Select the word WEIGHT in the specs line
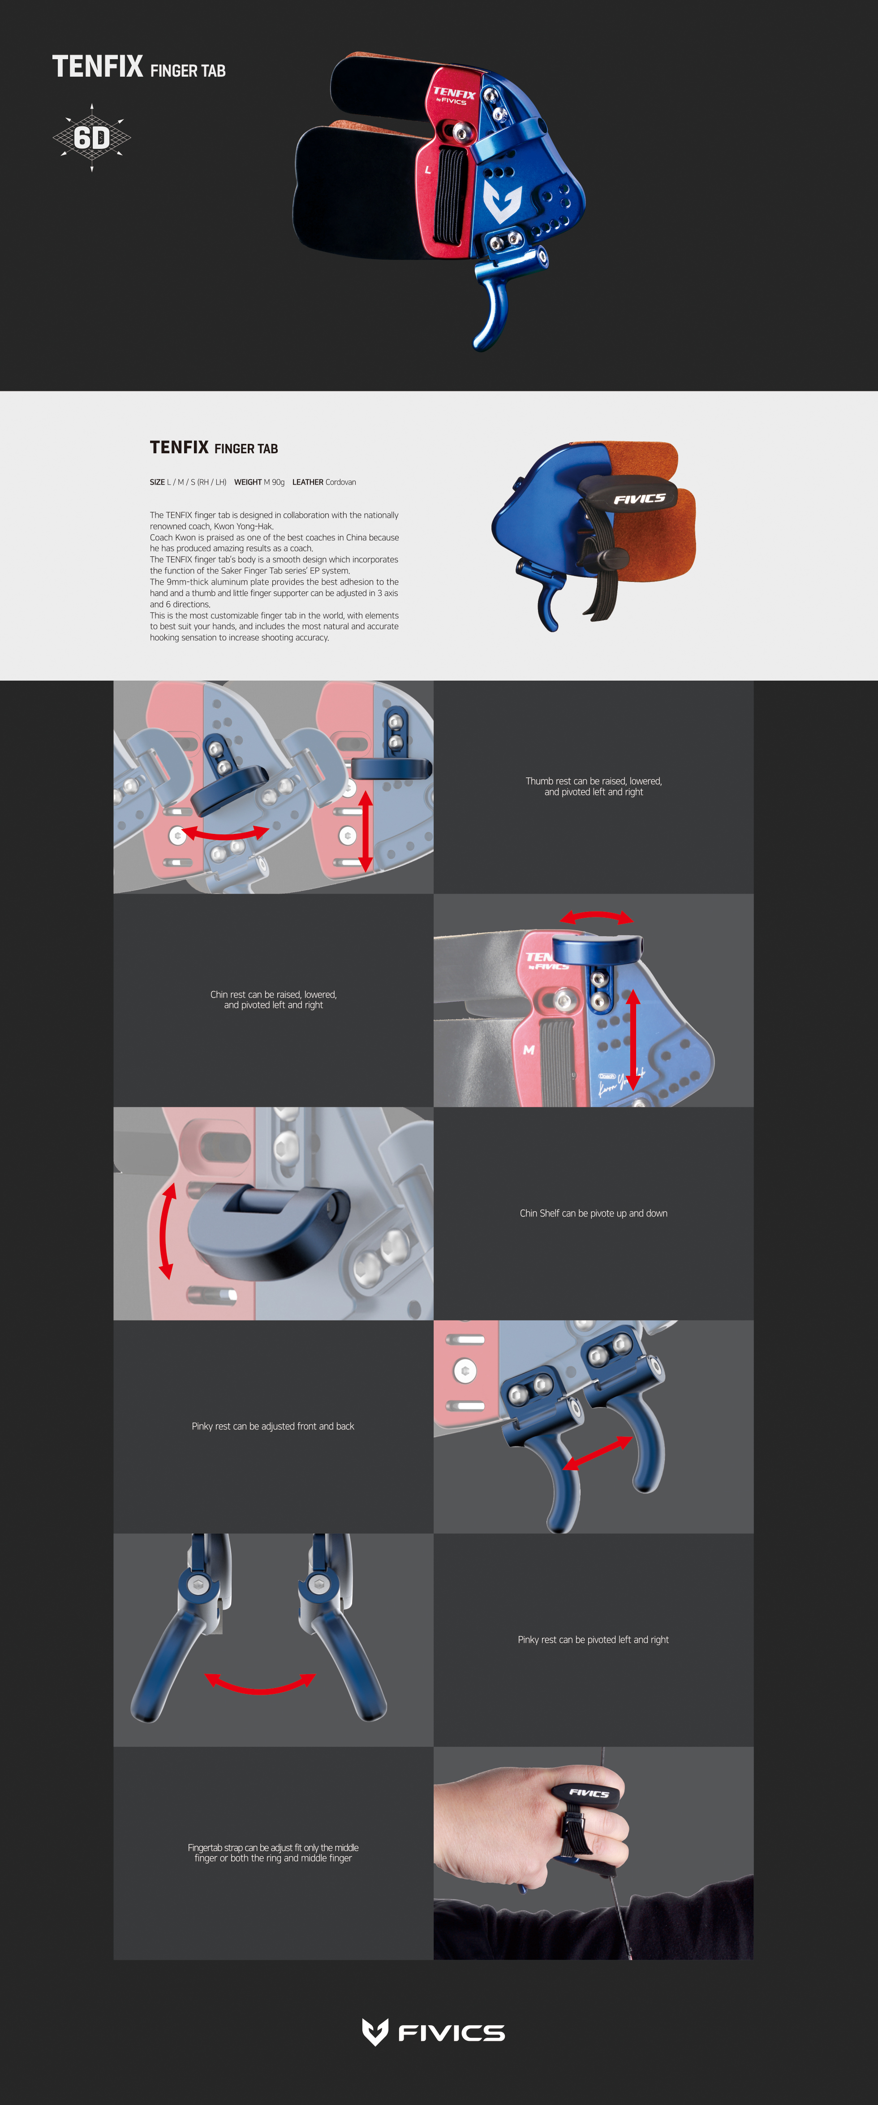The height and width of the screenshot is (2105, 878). click(x=247, y=482)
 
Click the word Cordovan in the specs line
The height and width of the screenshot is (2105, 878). click(x=340, y=482)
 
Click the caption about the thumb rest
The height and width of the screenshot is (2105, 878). click(x=594, y=786)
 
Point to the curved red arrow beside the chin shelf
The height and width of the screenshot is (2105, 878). click(x=164, y=1232)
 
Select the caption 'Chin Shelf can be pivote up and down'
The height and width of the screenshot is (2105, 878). click(x=594, y=1214)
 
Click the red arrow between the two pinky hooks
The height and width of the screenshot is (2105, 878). click(x=598, y=1454)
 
